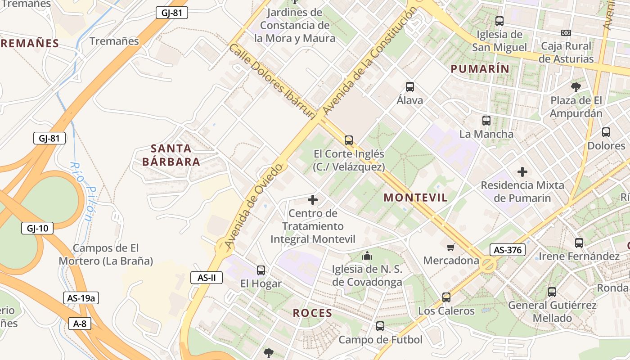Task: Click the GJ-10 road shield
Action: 37,228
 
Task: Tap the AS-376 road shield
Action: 508,250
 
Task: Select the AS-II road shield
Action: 207,278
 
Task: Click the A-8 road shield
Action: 80,323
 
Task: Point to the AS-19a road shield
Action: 81,298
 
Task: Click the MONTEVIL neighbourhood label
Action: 416,198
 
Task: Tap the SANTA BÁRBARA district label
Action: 171,155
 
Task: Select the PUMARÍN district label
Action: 480,69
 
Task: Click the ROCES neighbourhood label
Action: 312,313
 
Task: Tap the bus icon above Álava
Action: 409,87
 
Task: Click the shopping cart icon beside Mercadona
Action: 451,247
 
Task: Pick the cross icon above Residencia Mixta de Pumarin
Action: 522,171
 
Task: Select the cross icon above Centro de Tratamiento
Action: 313,199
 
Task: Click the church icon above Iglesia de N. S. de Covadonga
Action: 367,256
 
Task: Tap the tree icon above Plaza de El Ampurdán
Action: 576,86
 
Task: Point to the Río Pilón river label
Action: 81,191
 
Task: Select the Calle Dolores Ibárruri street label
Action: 271,81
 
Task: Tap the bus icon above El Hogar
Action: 261,270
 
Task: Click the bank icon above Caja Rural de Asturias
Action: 566,33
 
